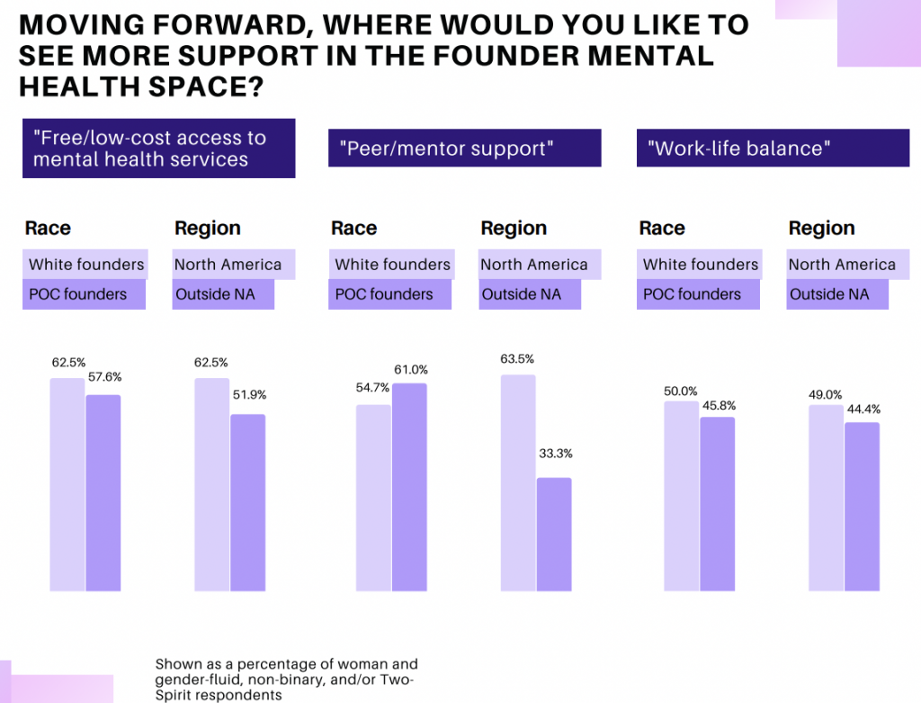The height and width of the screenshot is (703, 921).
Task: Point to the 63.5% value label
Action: (x=518, y=360)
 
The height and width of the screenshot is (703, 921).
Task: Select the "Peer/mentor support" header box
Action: (x=464, y=148)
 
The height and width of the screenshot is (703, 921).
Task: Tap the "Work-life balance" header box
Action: (x=773, y=148)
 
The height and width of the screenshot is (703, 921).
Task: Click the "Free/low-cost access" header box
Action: (x=158, y=149)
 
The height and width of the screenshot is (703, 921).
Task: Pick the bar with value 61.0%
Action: (x=409, y=487)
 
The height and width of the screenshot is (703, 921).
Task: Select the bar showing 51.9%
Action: (x=248, y=502)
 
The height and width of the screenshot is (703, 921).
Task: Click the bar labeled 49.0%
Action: (x=827, y=498)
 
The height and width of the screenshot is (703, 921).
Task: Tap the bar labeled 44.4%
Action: (x=863, y=506)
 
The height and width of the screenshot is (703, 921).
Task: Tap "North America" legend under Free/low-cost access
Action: (x=228, y=265)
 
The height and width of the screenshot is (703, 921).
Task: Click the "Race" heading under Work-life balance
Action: (x=662, y=229)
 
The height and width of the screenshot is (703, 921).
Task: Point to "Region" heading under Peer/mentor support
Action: (x=514, y=229)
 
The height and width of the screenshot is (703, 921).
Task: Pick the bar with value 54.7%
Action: (x=373, y=498)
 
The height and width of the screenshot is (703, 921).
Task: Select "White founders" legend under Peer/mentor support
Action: (x=392, y=265)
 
